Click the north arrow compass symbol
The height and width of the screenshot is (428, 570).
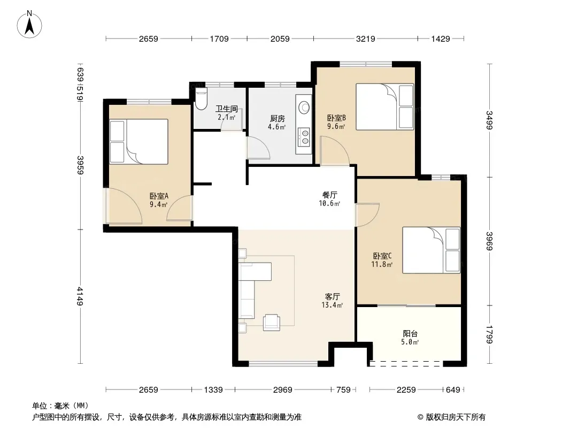click(x=29, y=24)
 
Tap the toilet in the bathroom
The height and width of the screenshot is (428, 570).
click(x=201, y=99)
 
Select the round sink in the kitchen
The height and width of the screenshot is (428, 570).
click(x=304, y=108)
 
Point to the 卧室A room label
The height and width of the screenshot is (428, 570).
click(x=159, y=196)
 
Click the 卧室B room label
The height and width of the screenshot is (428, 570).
click(x=336, y=118)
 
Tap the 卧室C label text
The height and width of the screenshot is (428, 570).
click(x=382, y=256)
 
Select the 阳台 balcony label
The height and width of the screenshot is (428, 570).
click(x=410, y=333)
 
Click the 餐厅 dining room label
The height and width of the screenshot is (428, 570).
click(x=330, y=195)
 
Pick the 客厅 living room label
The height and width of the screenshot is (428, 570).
click(x=332, y=297)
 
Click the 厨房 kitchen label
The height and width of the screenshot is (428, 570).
click(x=277, y=119)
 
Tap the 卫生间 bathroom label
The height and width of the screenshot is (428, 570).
click(x=227, y=109)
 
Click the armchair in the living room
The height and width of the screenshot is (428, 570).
click(x=272, y=323)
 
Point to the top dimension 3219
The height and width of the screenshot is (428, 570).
click(x=365, y=39)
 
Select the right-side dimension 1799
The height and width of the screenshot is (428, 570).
click(x=489, y=334)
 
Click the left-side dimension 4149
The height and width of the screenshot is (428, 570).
click(x=80, y=296)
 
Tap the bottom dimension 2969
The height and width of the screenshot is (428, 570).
click(x=283, y=390)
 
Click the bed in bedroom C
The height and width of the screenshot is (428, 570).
click(x=431, y=250)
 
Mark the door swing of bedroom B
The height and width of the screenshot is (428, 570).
click(x=335, y=150)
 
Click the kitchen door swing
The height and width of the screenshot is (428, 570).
click(x=258, y=147)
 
